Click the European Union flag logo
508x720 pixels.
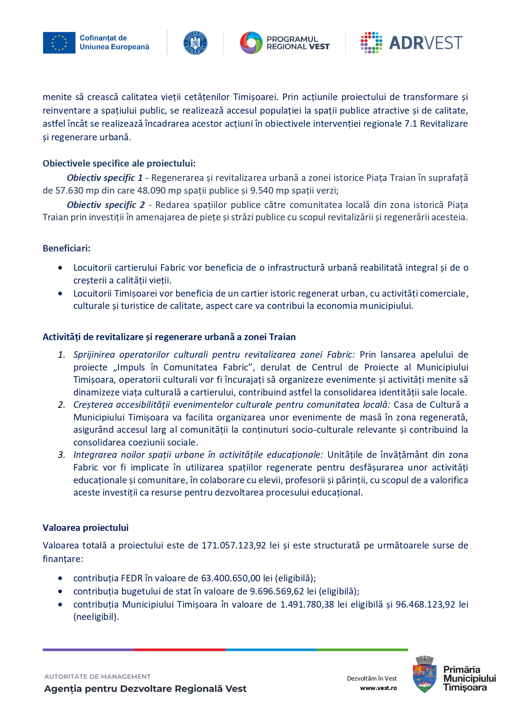[x=59, y=43]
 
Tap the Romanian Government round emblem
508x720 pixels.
[x=195, y=43]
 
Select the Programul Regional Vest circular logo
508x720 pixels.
[x=251, y=43]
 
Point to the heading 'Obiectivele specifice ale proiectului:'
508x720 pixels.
[x=119, y=163]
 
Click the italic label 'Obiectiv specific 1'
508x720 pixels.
[x=104, y=178]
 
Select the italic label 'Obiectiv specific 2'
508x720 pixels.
[x=106, y=205]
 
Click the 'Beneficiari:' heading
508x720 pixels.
[x=66, y=248]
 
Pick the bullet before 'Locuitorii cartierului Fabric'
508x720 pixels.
[x=60, y=268]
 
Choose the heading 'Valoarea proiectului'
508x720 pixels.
[x=85, y=528]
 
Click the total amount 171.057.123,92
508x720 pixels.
[x=234, y=545]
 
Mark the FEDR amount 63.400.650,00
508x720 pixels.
[x=231, y=578]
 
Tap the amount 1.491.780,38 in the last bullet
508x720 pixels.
[x=307, y=604]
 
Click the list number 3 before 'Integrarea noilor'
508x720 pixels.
[x=61, y=455]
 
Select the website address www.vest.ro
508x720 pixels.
[x=378, y=688]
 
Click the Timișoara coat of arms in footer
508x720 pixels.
[x=424, y=674]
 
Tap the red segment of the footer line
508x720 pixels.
[x=179, y=650]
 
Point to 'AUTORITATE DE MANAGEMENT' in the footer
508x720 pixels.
[x=97, y=677]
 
